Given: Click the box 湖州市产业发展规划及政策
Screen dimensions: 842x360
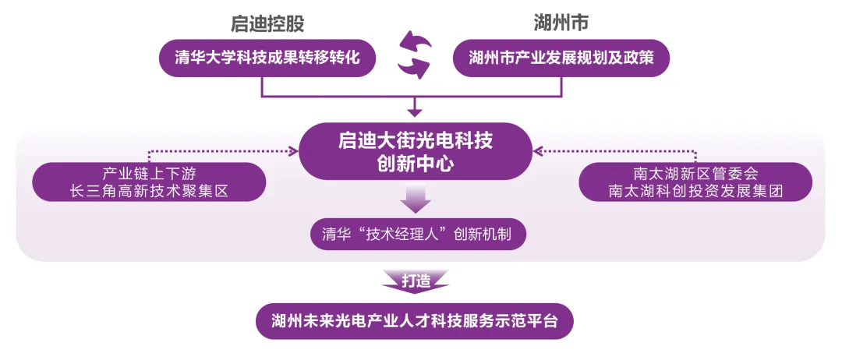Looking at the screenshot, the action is [x=561, y=58].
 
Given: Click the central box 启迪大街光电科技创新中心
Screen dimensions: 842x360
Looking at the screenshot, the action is [x=415, y=152].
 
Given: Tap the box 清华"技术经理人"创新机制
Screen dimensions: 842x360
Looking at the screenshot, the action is [x=416, y=234].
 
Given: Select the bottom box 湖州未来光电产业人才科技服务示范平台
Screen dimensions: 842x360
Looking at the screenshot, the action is [x=415, y=320].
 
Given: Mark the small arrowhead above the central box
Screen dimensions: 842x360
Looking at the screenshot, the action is [x=415, y=111].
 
